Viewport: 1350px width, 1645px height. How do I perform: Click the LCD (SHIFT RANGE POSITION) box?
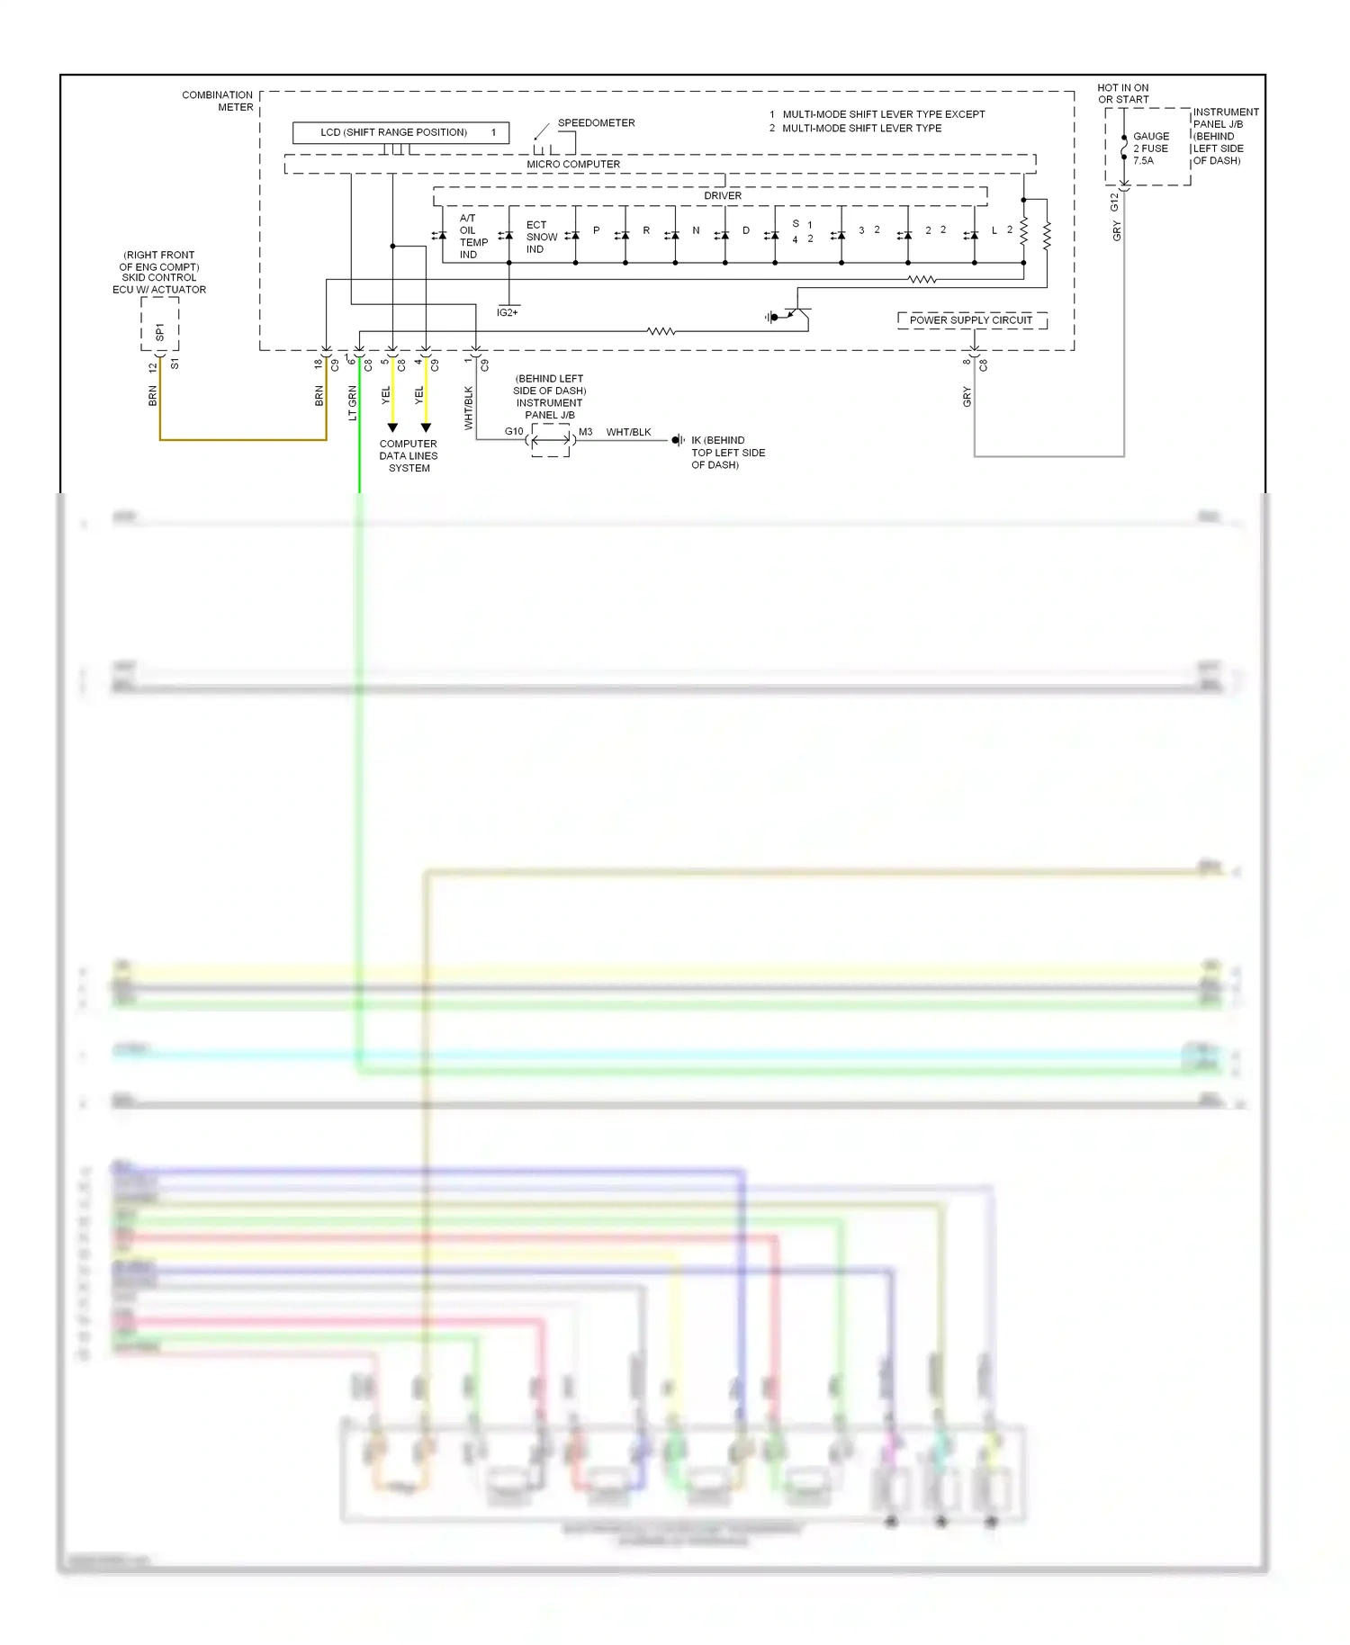pos(400,132)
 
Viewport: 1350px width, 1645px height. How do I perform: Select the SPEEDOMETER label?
pos(596,122)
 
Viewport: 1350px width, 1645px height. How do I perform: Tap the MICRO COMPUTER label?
pos(573,164)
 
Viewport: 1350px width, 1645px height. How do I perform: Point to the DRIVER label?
pos(723,195)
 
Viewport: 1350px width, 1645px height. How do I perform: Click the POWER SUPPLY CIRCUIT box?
pos(971,320)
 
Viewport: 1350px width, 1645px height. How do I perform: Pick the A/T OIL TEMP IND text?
pos(472,237)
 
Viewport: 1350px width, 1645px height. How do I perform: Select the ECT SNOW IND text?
pos(540,237)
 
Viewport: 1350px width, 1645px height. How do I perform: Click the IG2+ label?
pos(508,312)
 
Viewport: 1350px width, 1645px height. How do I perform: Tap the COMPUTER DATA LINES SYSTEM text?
pos(409,455)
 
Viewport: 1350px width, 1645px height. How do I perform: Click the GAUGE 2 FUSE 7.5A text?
pos(1150,148)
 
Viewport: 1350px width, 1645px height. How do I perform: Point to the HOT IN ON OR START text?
pos(1123,94)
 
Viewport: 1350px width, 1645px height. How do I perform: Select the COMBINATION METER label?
pos(218,101)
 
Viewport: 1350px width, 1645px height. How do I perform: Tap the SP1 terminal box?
pos(160,325)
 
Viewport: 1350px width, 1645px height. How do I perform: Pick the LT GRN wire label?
pos(353,402)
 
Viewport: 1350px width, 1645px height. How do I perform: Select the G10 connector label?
pos(514,431)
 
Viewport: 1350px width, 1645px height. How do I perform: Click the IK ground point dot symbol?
pos(676,440)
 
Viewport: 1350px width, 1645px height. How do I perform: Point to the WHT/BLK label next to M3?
pos(628,432)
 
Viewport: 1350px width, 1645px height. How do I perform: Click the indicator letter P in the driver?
pos(596,230)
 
